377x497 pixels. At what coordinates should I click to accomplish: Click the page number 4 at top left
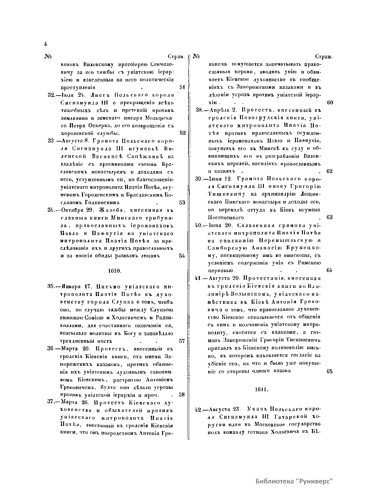(46, 44)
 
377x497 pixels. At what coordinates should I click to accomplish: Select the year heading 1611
(261, 389)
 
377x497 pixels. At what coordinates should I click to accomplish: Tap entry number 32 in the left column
(52, 95)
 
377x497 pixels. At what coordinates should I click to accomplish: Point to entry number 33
(51, 141)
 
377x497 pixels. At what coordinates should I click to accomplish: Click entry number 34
(52, 210)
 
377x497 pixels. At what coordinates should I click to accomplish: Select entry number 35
(51, 287)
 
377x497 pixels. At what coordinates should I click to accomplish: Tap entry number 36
(52, 349)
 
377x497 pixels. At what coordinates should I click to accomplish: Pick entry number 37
(52, 402)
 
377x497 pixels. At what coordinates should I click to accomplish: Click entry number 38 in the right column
(199, 110)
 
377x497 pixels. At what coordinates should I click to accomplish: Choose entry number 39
(199, 179)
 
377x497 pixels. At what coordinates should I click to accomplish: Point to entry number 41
(199, 278)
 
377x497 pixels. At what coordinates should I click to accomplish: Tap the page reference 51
(182, 87)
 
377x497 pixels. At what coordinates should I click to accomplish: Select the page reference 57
(182, 341)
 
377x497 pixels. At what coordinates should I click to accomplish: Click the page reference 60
(330, 103)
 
